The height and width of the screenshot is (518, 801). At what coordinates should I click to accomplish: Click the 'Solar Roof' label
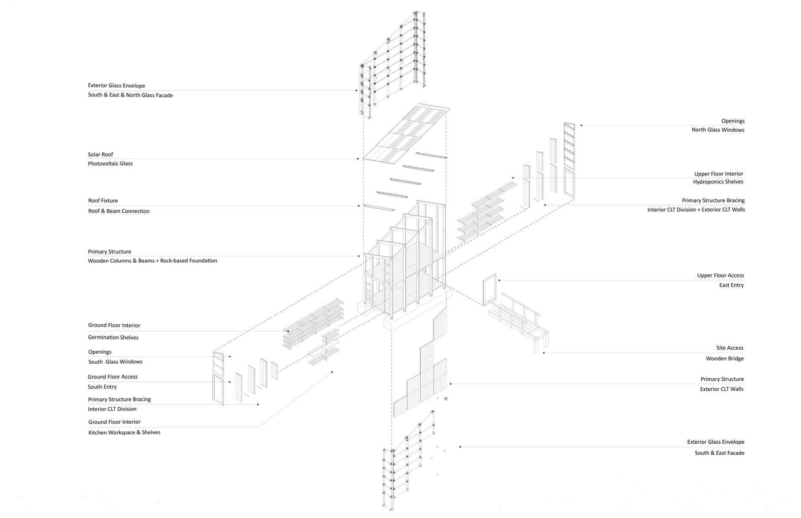100,155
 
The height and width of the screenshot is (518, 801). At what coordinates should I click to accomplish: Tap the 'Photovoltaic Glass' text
110,163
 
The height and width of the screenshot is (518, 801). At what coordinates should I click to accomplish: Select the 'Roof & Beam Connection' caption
119,211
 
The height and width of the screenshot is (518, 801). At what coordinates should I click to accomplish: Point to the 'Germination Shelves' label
113,337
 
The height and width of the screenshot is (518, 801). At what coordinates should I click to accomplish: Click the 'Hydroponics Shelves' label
718,182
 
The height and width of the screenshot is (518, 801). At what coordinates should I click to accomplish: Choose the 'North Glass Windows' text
718,130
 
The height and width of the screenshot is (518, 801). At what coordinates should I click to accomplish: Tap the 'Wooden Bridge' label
725,359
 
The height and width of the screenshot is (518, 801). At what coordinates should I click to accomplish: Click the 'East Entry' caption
731,285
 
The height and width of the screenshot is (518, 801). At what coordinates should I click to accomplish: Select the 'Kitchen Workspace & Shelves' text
124,433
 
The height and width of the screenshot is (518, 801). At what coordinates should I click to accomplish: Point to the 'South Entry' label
102,387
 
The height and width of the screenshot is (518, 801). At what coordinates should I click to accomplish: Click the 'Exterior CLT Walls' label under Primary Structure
722,389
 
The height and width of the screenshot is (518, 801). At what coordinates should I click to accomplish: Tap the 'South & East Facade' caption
720,453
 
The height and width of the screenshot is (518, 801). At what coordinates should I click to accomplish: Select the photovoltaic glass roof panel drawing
406,134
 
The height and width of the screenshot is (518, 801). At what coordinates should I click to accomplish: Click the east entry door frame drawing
489,290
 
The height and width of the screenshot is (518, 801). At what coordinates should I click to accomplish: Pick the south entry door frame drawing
218,390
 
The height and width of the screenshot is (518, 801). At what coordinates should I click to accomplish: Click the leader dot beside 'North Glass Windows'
581,125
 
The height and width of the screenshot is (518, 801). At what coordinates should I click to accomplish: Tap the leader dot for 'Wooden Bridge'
544,353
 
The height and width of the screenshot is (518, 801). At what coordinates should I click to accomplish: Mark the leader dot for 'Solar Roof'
358,159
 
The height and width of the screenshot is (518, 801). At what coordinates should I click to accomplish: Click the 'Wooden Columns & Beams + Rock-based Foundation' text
153,261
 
